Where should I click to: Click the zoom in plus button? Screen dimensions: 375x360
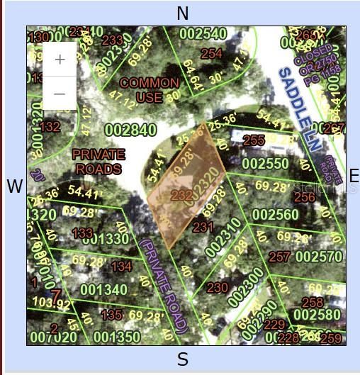[60, 60]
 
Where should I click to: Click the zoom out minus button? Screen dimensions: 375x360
[60, 94]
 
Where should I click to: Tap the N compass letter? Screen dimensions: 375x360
[183, 13]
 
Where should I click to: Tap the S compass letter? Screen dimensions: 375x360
[182, 359]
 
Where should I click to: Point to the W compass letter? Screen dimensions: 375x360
[14, 186]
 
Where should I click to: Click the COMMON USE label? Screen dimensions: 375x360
[149, 90]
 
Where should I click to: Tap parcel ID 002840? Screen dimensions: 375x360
[130, 130]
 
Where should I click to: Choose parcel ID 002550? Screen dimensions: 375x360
[265, 164]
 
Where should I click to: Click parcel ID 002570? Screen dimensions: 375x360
[318, 256]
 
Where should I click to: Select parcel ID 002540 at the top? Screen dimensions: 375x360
[203, 33]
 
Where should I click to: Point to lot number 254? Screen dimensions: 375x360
[211, 53]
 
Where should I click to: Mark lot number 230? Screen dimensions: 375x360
[217, 288]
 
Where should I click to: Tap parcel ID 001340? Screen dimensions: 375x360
[103, 289]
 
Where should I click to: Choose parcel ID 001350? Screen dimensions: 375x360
[116, 336]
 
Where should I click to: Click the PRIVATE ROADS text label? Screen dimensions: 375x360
[99, 162]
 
